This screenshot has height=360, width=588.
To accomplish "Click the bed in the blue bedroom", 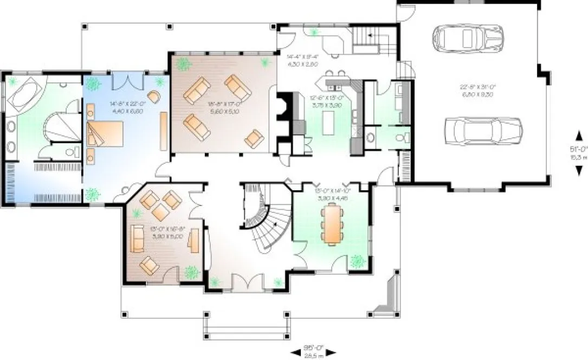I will [106, 133].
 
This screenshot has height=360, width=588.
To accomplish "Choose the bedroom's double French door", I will [127, 82].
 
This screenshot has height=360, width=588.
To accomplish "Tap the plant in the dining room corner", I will [357, 261].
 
